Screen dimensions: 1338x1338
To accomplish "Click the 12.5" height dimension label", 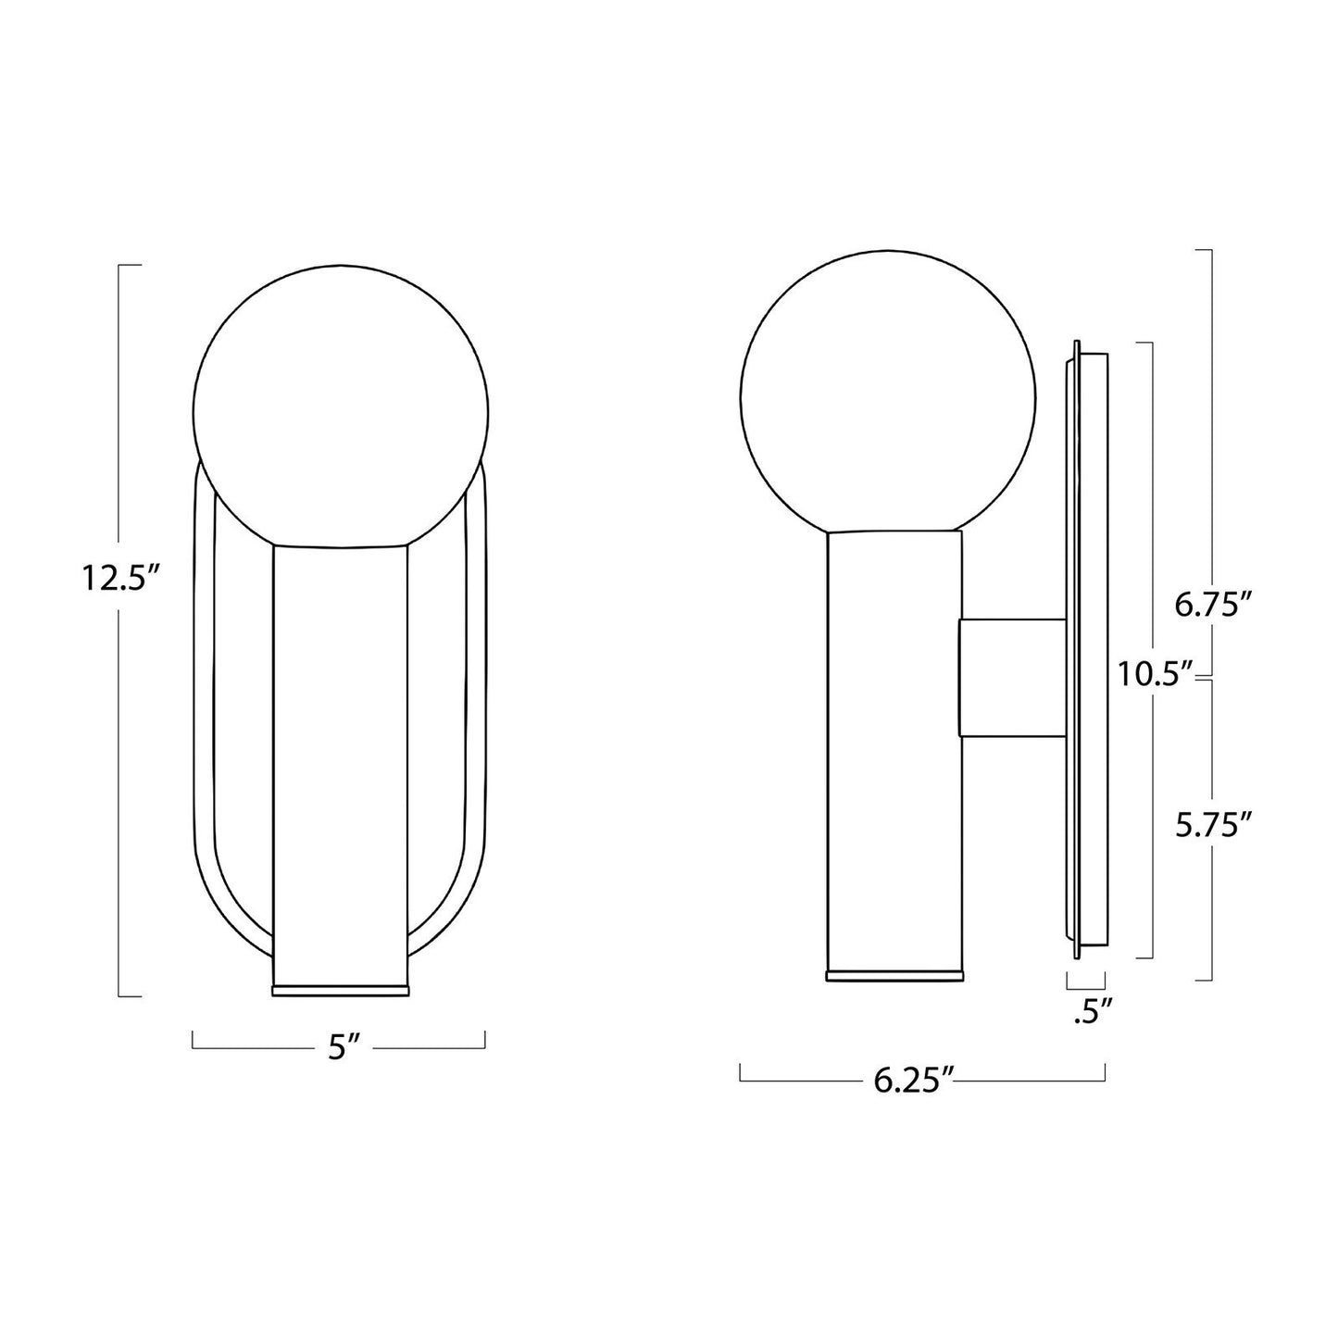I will tap(121, 579).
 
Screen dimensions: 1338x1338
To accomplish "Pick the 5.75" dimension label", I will tap(1214, 825).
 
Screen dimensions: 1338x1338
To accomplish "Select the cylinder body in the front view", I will tap(340, 759).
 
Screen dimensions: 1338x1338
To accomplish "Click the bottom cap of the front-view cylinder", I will tap(340, 989).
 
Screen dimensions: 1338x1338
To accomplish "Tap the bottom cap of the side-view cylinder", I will tap(894, 974).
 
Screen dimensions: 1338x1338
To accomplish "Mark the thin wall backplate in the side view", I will tap(1075, 648).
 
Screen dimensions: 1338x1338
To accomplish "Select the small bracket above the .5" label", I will tap(1086, 981).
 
